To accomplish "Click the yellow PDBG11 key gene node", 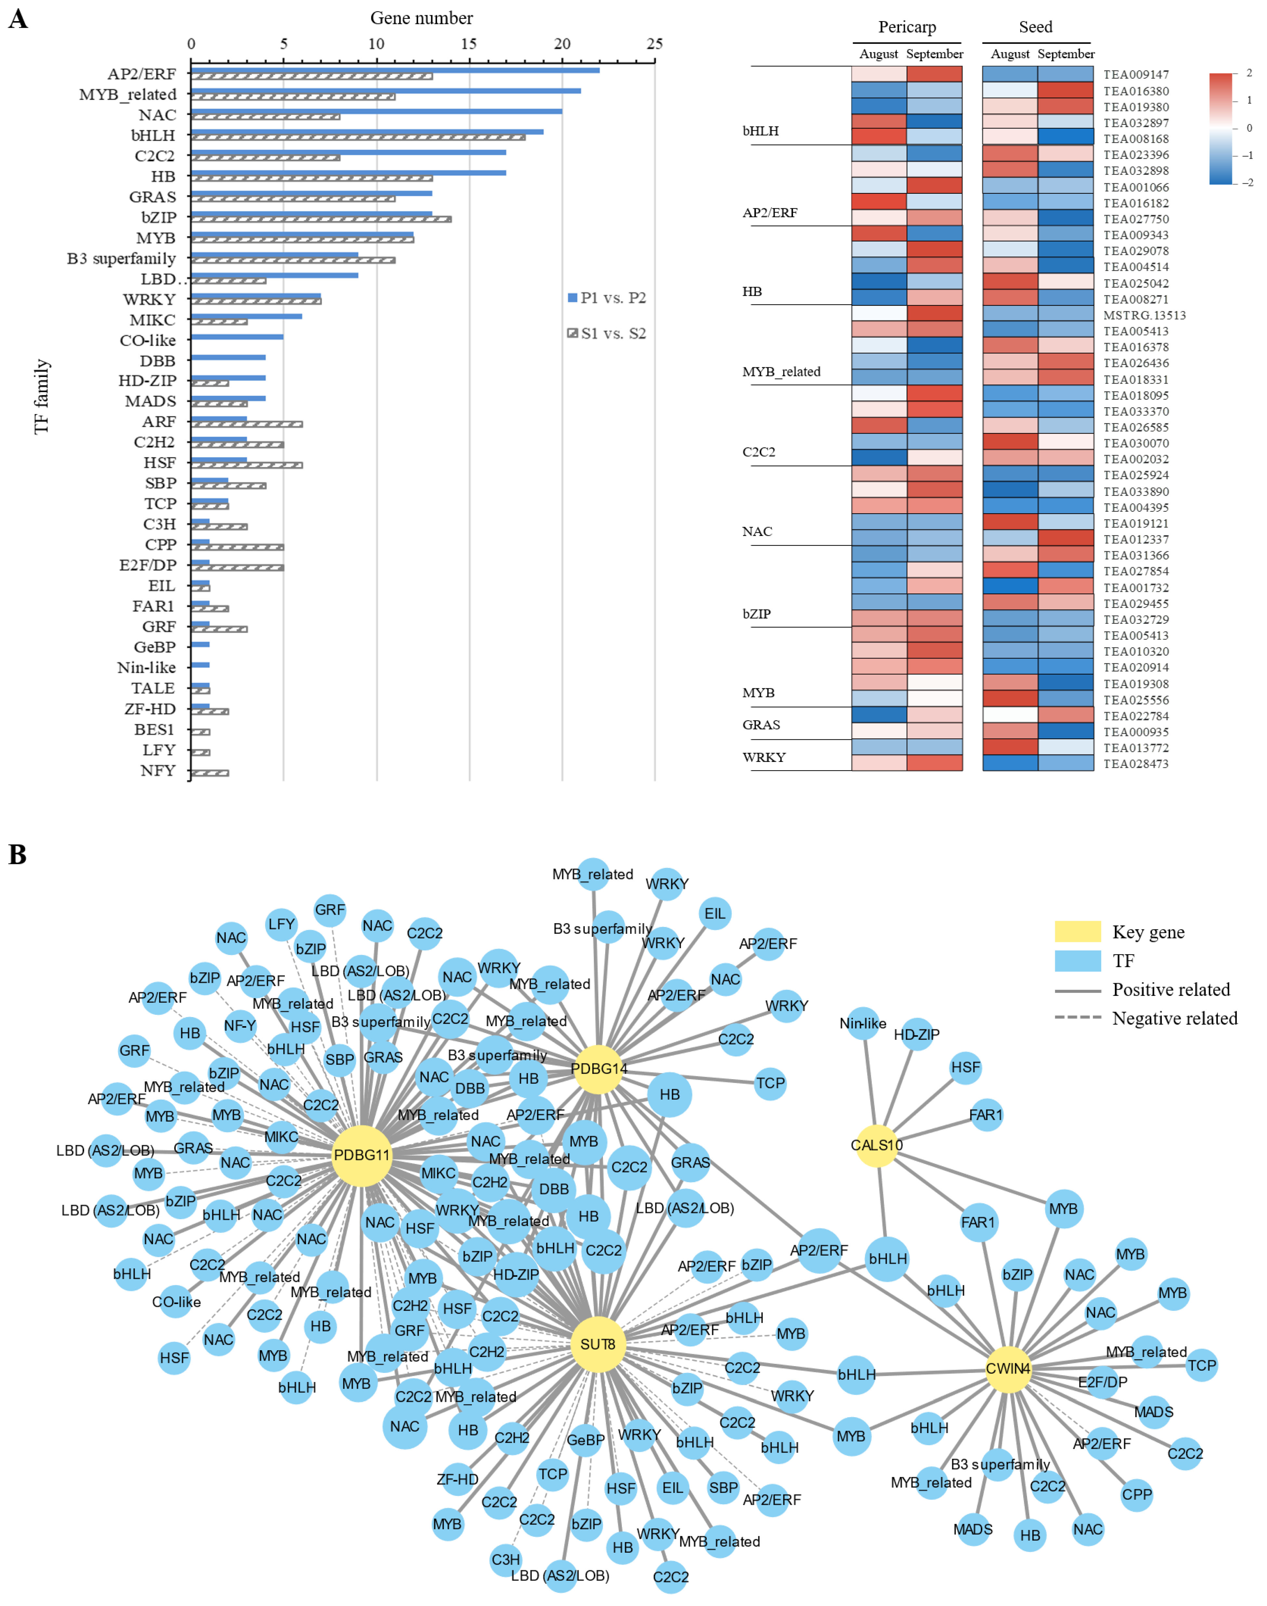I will [361, 1155].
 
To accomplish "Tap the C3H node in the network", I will [506, 1559].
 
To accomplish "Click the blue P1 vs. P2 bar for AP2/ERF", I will [395, 71].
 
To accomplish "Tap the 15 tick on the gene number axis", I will [469, 44].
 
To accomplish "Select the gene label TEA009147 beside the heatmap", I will [1136, 74].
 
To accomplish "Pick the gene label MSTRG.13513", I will [1144, 315].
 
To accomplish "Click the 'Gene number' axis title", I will [421, 18].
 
